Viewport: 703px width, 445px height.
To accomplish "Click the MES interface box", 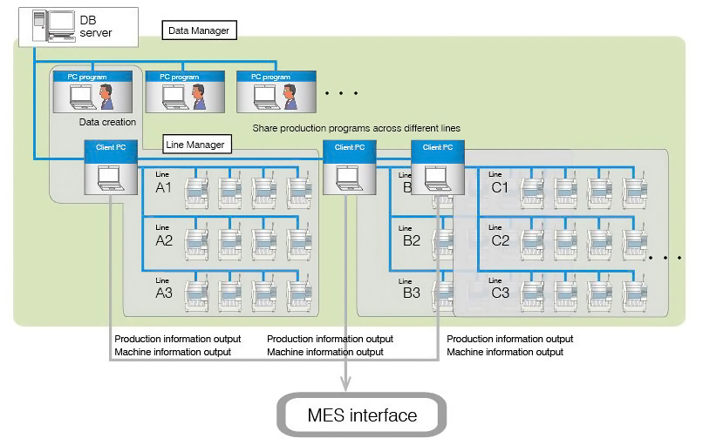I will coord(362,415).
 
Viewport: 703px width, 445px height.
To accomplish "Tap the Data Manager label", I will coord(199,30).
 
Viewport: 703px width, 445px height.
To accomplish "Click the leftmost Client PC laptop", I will coord(109,177).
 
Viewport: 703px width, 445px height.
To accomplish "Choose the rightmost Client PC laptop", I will coord(436,177).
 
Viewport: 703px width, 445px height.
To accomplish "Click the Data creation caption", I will coord(107,123).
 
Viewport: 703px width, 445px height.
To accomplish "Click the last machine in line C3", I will coord(636,293).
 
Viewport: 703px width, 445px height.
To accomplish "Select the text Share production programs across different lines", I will coord(356,128).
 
